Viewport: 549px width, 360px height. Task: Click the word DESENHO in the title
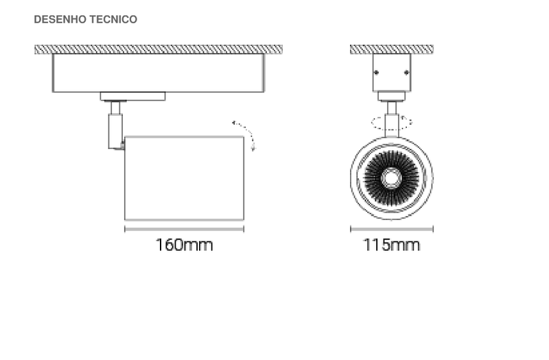[59, 20]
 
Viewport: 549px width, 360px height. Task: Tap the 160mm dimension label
[184, 245]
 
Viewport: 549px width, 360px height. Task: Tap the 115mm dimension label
[391, 245]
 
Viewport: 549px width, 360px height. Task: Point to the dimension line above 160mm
[184, 229]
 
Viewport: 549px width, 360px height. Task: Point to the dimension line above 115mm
[392, 229]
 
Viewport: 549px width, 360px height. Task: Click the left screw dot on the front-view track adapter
[376, 73]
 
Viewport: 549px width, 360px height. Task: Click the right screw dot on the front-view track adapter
[406, 73]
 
